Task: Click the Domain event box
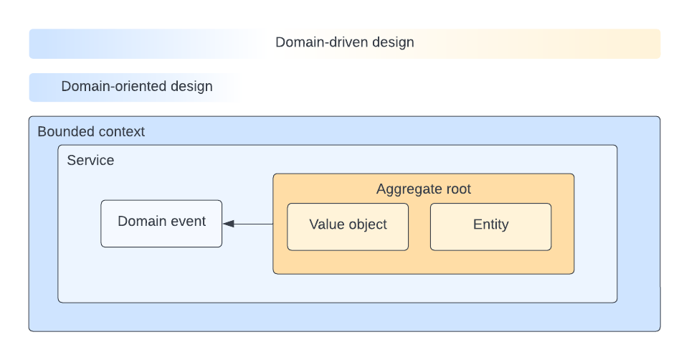[161, 224]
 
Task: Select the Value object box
[348, 227]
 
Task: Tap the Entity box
[490, 227]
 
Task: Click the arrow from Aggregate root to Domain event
[251, 224]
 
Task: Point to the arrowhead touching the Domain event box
[228, 224]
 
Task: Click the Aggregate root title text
[423, 189]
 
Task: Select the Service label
[90, 160]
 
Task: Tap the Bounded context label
[91, 131]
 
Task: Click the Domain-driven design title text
[344, 42]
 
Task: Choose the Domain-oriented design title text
[137, 87]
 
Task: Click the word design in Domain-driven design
[393, 42]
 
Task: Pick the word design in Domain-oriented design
[191, 87]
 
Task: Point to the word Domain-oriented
[113, 87]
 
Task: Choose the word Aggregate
[407, 189]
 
